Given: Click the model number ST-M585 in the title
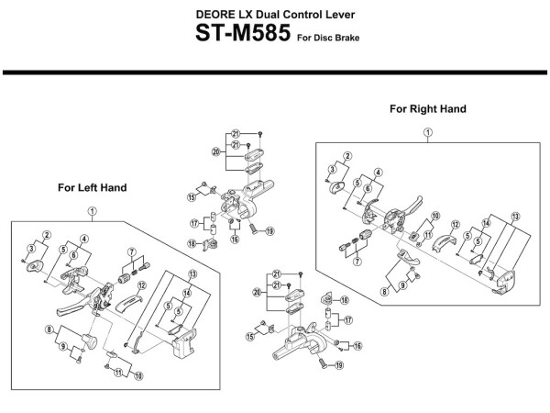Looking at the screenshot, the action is click(x=243, y=33).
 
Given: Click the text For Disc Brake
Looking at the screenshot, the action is click(x=328, y=38).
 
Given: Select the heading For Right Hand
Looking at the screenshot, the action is click(x=428, y=109).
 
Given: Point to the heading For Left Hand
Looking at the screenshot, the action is click(x=93, y=187).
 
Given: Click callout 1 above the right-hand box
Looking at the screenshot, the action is click(x=428, y=133).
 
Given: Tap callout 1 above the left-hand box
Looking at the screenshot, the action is click(x=92, y=211).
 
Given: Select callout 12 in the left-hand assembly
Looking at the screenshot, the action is click(x=142, y=285).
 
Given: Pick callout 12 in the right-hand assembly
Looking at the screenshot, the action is click(x=455, y=225).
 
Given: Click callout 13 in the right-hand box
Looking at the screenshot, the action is click(x=515, y=217).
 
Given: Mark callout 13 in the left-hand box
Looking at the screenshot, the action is click(x=192, y=273).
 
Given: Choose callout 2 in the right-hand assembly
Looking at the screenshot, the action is click(x=347, y=156).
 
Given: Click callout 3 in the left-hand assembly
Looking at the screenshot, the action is click(x=31, y=249).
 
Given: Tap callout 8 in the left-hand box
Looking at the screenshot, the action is click(x=49, y=329).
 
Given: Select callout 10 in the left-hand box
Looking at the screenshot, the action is click(x=138, y=376).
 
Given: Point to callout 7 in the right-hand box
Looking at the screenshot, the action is click(x=357, y=262).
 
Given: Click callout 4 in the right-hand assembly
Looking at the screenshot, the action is click(x=378, y=173).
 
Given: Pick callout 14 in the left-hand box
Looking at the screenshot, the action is click(x=187, y=293).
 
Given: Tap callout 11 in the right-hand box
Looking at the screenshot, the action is click(x=428, y=235).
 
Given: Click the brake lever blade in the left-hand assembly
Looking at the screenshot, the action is click(x=71, y=310).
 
